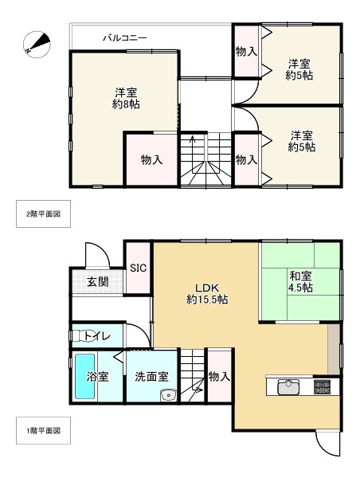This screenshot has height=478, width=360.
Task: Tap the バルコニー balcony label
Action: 124,37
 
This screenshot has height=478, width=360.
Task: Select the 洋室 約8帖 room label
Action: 126,98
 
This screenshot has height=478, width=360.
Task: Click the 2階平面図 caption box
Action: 45,214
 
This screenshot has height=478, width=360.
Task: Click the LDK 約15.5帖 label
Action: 207,294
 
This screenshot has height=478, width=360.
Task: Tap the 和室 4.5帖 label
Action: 300,282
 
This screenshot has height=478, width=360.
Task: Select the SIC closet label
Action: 139,268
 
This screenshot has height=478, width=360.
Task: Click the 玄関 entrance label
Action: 98,281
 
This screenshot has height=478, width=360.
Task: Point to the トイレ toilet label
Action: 96,336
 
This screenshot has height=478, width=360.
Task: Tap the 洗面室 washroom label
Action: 151,376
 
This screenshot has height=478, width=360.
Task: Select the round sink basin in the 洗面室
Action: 168,397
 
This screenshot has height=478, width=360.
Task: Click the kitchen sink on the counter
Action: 288,387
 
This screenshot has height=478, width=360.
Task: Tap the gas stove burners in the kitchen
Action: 323,387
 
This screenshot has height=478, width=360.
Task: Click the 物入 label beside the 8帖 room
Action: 151,159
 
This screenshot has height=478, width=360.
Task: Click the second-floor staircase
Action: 204,159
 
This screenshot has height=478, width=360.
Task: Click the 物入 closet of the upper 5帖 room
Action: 246,52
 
